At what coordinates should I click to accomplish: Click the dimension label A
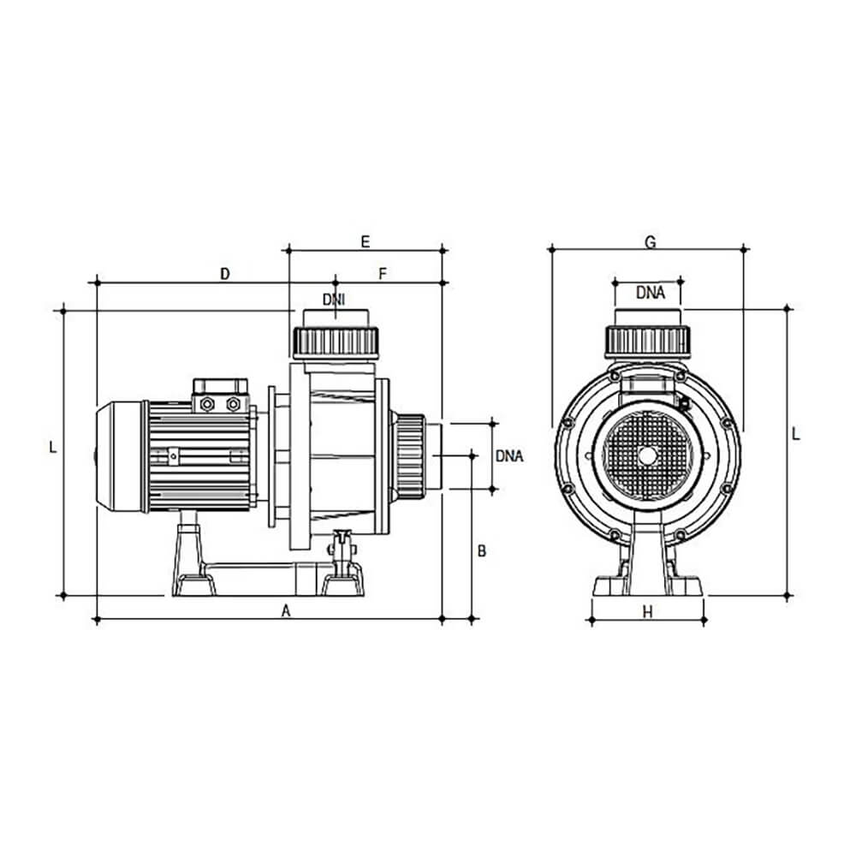pos(286,611)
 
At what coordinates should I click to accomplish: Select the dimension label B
pos(481,550)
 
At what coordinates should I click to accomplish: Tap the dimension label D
pos(225,274)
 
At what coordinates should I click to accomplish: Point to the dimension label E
pos(366,241)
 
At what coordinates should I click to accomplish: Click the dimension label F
pos(382,274)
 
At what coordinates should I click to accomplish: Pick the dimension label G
pos(651,242)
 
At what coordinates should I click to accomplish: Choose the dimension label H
pos(647,613)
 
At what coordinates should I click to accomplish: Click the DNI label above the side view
pos(334,299)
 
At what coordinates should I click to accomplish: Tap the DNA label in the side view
pos(509,456)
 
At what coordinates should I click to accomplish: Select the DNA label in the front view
pos(651,293)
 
